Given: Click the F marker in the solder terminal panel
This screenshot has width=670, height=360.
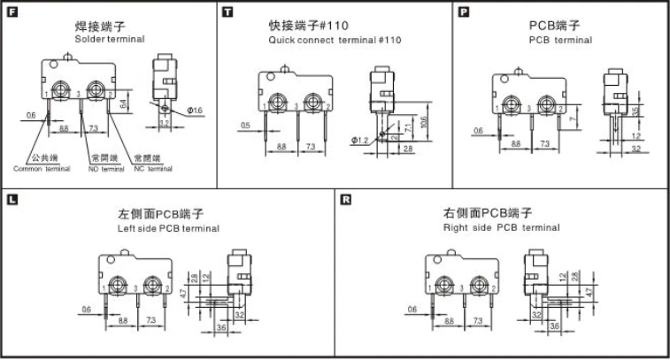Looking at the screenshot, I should coord(12,11).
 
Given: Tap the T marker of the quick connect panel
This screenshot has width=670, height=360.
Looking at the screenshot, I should coord(229,11).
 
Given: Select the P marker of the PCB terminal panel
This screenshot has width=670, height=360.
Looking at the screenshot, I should coord(464,11).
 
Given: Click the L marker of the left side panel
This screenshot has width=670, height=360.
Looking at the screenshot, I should coord(12,199).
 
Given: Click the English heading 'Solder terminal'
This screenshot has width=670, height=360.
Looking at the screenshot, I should coord(110,40).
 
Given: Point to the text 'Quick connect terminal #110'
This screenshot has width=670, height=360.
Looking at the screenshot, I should coord(335,40).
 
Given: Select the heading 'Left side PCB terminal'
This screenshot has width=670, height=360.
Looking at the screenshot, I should coord(168,228).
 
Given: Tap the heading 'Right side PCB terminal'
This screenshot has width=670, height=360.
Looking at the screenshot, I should coord(501,228).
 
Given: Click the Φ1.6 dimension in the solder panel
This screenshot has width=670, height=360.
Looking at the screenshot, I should coord(195,110).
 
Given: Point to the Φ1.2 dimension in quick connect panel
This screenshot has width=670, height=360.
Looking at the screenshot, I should coord(359,140).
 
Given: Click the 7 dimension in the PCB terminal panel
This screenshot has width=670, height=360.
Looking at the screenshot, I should coord(574,117).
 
